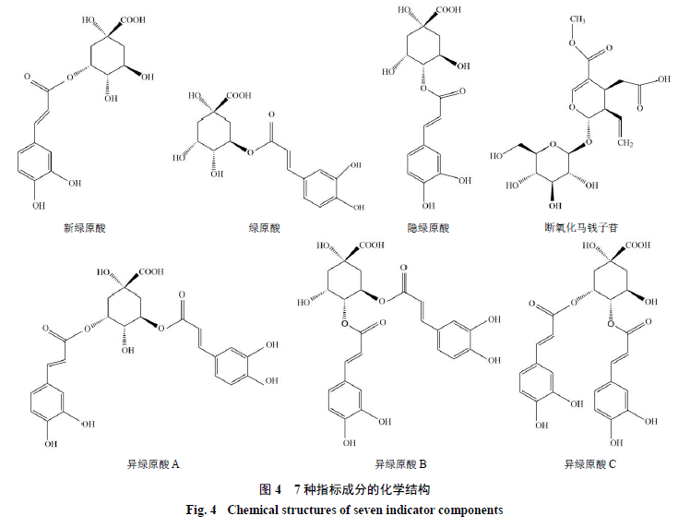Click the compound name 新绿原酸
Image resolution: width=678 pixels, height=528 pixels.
(x=85, y=228)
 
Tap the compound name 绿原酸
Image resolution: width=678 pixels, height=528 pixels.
(x=265, y=228)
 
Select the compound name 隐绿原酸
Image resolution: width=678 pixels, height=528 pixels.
(x=429, y=228)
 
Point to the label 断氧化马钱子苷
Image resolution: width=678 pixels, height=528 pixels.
(x=581, y=227)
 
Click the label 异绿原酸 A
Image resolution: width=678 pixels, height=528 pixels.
(x=153, y=465)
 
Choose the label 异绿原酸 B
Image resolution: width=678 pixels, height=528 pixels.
(x=400, y=465)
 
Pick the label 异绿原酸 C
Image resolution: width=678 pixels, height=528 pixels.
(x=589, y=465)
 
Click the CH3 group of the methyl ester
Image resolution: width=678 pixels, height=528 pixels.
(x=577, y=19)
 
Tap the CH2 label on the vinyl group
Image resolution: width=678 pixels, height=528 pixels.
(x=625, y=143)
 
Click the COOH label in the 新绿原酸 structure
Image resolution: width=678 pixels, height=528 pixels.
(x=133, y=20)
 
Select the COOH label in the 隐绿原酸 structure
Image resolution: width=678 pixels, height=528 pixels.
(x=449, y=9)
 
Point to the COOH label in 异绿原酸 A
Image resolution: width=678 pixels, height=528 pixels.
(x=151, y=271)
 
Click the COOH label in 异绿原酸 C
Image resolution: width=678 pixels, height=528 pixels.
(x=637, y=245)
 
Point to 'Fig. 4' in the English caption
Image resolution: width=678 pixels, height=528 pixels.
(x=201, y=510)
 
